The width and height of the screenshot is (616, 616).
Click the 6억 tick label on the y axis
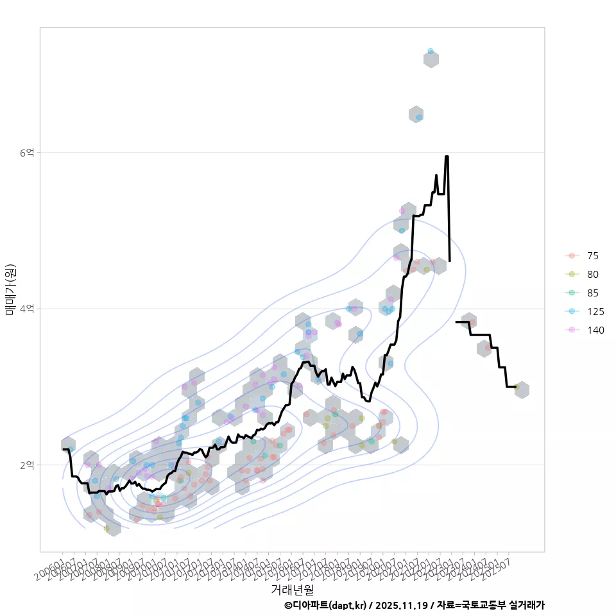[28, 153]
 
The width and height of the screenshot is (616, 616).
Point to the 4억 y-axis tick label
[28, 309]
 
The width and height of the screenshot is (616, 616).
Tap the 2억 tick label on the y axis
[28, 465]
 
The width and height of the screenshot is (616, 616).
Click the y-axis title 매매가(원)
[11, 289]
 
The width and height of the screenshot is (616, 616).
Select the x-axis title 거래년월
[292, 588]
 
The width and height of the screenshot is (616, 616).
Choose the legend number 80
[592, 274]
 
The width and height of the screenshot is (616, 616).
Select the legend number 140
[595, 330]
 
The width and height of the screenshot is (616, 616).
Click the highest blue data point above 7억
[431, 51]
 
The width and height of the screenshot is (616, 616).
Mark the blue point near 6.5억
[419, 117]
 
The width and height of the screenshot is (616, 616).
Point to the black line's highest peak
[447, 157]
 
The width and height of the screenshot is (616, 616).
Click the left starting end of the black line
[64, 449]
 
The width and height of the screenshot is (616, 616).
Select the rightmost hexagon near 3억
[522, 389]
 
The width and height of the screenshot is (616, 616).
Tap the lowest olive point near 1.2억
[107, 529]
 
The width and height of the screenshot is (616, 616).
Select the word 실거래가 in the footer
[526, 605]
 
